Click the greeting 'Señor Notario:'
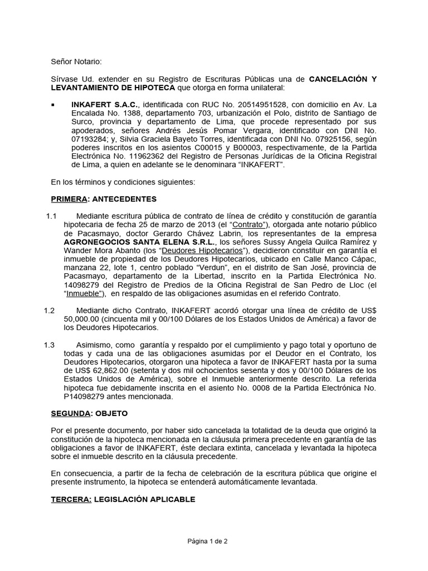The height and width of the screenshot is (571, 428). [76, 61]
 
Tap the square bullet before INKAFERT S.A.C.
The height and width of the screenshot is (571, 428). [53, 104]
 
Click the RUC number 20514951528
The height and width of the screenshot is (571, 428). [261, 104]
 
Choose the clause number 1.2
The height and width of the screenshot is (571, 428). [50, 310]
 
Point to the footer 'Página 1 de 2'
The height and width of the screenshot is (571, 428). [208, 541]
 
